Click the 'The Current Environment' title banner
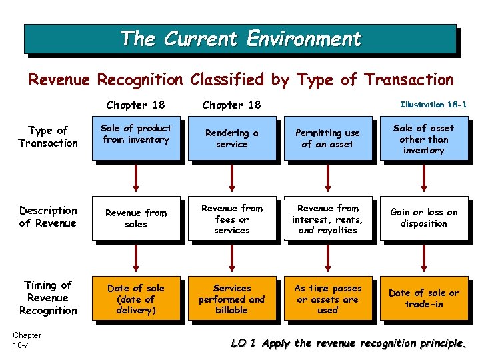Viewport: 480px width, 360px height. tap(240, 39)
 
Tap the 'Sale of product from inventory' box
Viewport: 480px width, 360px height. tap(136, 139)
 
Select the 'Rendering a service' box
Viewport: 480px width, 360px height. tap(231, 139)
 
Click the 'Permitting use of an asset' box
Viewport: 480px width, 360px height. tap(327, 139)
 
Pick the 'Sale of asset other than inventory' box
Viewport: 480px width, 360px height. tap(423, 139)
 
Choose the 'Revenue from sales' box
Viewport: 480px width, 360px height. tap(136, 219)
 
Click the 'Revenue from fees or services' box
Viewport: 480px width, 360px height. tap(231, 219)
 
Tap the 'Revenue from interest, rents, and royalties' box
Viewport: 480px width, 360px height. tap(327, 219)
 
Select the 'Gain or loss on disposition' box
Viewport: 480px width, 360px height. tap(423, 219)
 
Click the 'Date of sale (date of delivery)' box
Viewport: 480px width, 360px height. tap(136, 299)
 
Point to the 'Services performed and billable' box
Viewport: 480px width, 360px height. tap(231, 299)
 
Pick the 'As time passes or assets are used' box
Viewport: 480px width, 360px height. tap(327, 299)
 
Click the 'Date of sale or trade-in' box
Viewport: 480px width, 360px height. tap(423, 299)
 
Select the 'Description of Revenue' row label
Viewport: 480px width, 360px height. tap(48, 217)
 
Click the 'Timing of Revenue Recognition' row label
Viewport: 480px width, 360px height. tap(48, 297)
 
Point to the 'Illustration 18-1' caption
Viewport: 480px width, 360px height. tap(433, 104)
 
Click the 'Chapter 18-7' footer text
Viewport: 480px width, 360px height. tap(27, 340)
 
